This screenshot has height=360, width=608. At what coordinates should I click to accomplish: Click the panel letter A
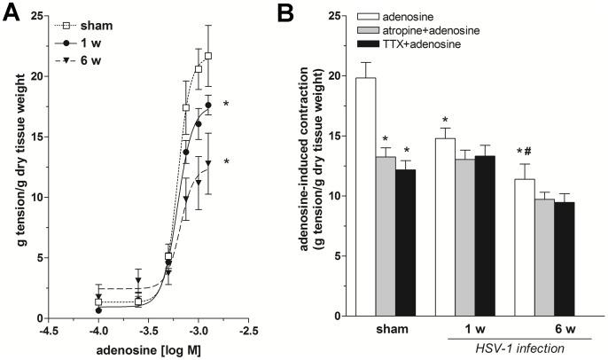[12, 12]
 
